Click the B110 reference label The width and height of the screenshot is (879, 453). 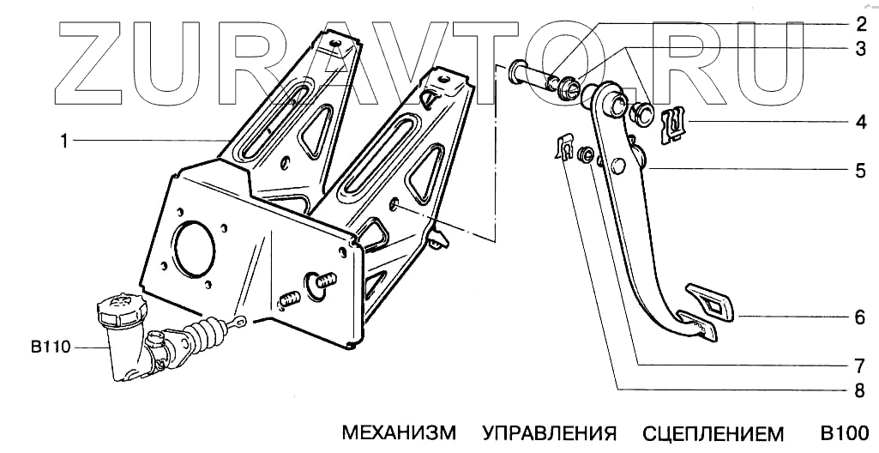[x=50, y=347]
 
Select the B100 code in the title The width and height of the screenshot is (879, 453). [x=845, y=431]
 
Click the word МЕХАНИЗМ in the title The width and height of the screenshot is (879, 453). [x=399, y=431]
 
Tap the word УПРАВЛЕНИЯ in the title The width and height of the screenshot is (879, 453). [x=549, y=431]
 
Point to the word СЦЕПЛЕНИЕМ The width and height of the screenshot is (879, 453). [x=713, y=431]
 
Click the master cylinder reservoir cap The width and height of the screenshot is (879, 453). [x=120, y=306]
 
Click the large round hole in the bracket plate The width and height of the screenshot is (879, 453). [x=193, y=248]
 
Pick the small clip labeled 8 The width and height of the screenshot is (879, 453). [x=563, y=149]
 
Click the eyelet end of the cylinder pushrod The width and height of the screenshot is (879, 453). [x=242, y=323]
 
